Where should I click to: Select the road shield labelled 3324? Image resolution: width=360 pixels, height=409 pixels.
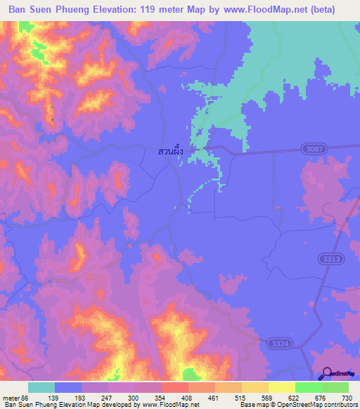(x=278, y=341)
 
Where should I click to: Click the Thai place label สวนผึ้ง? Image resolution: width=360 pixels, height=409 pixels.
(x=172, y=150)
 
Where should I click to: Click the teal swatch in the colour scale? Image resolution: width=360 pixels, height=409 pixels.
(x=41, y=387)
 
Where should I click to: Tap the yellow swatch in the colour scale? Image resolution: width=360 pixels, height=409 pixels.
(x=282, y=387)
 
